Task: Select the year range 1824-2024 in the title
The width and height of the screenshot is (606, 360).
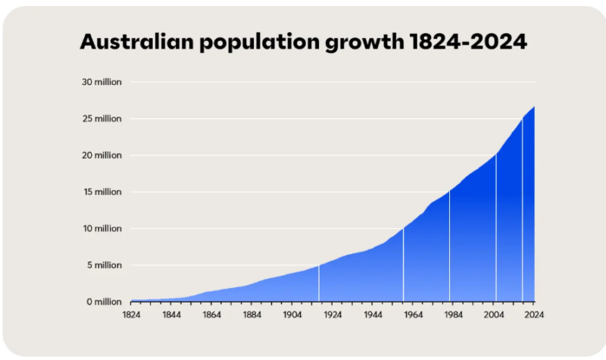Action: [x=467, y=42]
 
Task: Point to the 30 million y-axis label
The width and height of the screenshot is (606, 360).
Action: [x=102, y=82]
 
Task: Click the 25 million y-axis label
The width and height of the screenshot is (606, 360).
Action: [x=102, y=119]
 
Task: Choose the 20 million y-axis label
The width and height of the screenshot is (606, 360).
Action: [x=102, y=155]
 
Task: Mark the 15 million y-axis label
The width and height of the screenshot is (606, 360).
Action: [x=102, y=192]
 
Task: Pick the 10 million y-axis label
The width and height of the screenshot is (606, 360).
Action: [x=102, y=229]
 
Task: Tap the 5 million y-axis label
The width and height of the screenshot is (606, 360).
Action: [x=104, y=265]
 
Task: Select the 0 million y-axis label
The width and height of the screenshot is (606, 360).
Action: [x=104, y=302]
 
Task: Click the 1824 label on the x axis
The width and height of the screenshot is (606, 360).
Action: [x=131, y=314]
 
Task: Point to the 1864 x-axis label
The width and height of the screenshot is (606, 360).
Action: [x=211, y=314]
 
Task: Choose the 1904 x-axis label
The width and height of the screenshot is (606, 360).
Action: [x=292, y=314]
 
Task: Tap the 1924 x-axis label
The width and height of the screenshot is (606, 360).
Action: [x=333, y=314]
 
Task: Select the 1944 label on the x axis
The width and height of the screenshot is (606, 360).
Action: [x=373, y=314]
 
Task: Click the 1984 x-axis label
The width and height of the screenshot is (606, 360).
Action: [x=454, y=314]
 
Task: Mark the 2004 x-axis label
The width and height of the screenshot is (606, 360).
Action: [x=494, y=314]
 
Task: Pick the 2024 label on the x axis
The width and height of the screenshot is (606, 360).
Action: [x=534, y=314]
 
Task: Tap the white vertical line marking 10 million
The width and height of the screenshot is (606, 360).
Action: [x=403, y=265]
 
